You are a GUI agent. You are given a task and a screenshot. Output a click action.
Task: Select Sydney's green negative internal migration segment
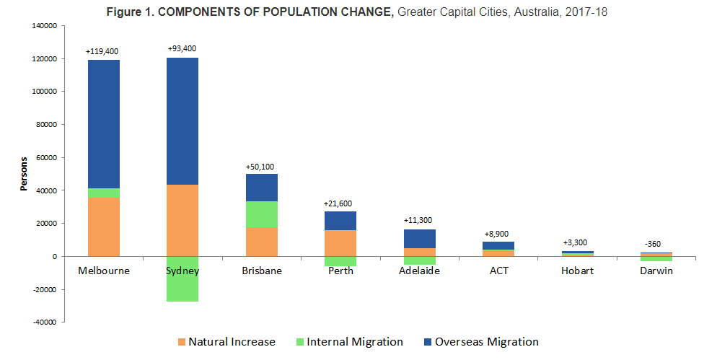point(182,278)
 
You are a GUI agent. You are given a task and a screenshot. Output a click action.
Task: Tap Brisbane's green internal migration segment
point(262,214)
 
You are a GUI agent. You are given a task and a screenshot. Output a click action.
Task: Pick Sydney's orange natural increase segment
point(182,220)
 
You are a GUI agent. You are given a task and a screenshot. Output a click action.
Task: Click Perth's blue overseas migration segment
point(340,221)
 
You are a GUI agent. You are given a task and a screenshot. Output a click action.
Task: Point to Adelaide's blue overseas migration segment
point(420,239)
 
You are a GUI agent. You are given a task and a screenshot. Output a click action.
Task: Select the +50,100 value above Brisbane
point(260,167)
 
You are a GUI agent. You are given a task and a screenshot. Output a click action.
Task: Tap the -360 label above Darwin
point(654,244)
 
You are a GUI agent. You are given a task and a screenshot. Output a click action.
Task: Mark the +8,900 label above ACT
point(498,234)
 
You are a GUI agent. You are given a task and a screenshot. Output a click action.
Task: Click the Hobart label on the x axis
point(577,271)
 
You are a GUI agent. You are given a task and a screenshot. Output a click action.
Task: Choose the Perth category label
point(340,271)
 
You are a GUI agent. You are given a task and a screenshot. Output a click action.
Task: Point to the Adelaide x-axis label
point(420,271)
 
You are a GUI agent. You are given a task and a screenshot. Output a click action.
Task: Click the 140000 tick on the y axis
point(45,25)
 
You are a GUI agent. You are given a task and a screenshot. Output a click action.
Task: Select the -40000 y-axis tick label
point(45,322)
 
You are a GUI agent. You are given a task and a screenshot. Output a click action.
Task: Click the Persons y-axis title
point(24,174)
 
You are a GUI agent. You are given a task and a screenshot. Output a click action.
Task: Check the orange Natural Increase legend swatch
point(181,341)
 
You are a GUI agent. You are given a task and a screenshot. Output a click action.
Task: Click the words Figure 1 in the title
point(128,12)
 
